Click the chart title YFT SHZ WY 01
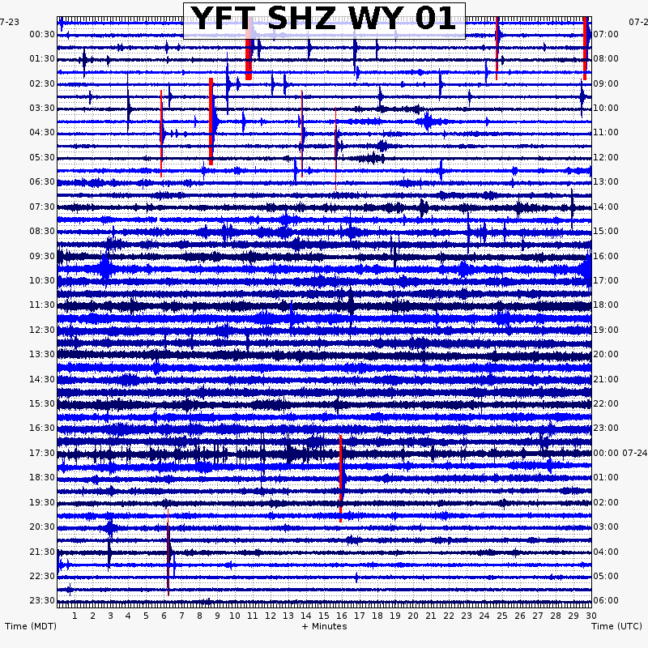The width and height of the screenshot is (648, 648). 324,19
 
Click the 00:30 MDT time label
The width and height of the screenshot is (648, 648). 42,34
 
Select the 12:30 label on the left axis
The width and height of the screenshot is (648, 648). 42,330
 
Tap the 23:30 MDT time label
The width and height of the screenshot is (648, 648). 42,600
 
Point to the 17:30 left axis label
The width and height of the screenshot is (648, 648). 42,453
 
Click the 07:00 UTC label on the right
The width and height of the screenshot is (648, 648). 606,34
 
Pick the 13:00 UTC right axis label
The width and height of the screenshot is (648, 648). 606,181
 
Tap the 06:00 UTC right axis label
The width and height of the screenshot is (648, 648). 606,600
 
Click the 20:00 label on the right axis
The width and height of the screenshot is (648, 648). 606,354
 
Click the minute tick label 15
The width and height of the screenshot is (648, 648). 324,616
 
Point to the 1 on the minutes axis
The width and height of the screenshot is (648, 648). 75,616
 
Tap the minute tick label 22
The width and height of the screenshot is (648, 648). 448,616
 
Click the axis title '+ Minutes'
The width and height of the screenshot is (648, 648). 324,626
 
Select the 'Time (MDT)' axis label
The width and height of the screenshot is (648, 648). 30,626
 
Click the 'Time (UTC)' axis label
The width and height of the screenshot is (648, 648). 616,626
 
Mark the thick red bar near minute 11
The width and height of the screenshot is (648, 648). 249,49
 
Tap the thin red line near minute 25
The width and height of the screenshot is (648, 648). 497,47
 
